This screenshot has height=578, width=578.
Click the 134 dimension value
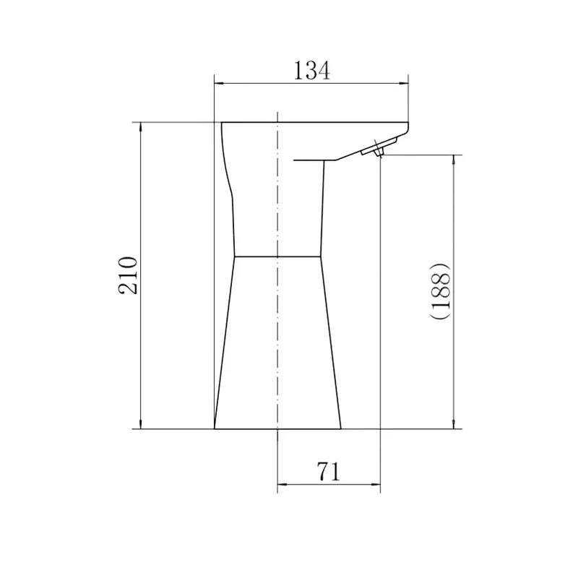pyautogui.click(x=312, y=70)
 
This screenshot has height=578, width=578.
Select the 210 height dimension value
pyautogui.click(x=128, y=275)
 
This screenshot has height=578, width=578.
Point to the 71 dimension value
pyautogui.click(x=328, y=472)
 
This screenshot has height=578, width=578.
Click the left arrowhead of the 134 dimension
pyautogui.click(x=219, y=84)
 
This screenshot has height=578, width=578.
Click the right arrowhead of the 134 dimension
pyautogui.click(x=404, y=84)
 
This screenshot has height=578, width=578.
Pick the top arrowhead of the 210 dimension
pyautogui.click(x=140, y=127)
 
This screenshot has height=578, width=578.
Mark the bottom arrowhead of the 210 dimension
pyautogui.click(x=140, y=424)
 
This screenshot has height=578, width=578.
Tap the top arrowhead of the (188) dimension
pyautogui.click(x=454, y=160)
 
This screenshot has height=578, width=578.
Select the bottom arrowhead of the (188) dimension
pyautogui.click(x=454, y=424)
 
